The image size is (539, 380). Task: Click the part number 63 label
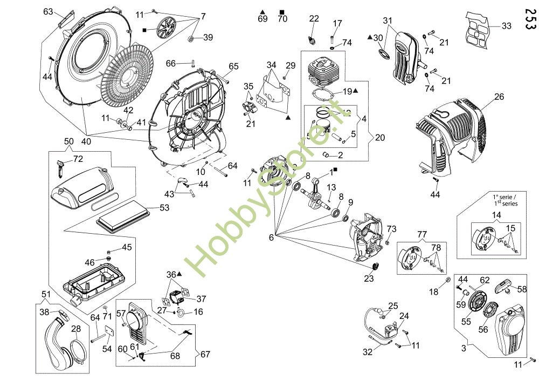coord(48,12)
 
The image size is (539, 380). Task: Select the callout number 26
coord(499,97)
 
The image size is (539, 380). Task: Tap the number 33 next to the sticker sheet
coord(506,26)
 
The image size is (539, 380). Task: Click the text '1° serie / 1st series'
coord(506,200)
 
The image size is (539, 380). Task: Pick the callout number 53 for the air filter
coord(164,208)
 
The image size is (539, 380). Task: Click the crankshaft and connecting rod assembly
coord(316,193)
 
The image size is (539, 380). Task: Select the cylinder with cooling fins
coord(323,73)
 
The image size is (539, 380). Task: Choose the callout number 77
coord(422,234)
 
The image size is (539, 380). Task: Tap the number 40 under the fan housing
coord(86,141)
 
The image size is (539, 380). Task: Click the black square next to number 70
coord(282,12)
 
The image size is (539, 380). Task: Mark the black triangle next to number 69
coord(262,12)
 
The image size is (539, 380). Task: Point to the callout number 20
coord(380,138)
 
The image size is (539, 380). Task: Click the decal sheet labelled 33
coord(477,29)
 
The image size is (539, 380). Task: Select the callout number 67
coord(205,354)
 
